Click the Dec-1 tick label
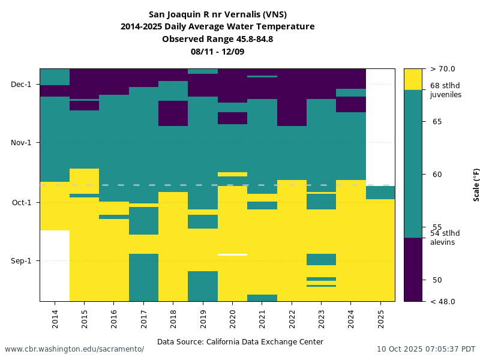(21, 85)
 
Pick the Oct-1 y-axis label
(22, 202)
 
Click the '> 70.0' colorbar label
(442, 69)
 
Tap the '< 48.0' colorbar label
(442, 301)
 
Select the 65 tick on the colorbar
(437, 122)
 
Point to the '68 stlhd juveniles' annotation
(445, 90)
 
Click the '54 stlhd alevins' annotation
(445, 238)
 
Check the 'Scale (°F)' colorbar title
(476, 184)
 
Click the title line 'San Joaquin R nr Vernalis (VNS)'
(217, 14)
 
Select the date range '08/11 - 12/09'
(217, 52)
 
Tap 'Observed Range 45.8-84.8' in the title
(217, 39)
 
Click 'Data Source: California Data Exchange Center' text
(240, 342)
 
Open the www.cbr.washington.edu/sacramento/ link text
(74, 349)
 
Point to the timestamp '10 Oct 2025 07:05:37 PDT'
(426, 349)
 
